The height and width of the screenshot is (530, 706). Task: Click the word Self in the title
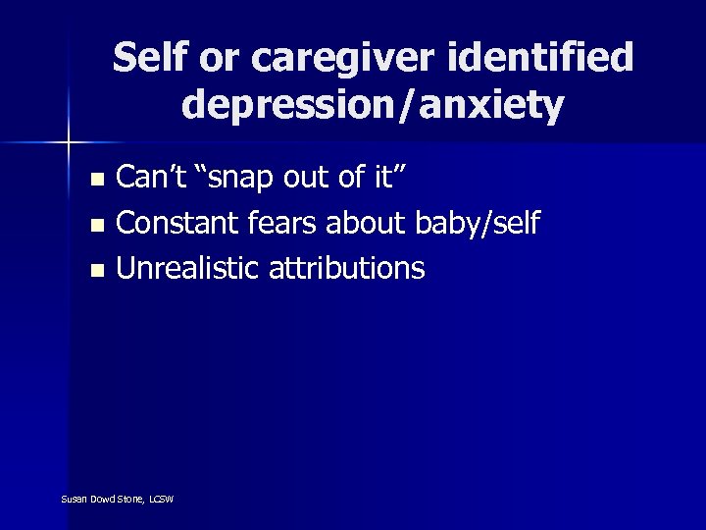tap(148, 59)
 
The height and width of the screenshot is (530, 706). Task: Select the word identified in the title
tap(553, 59)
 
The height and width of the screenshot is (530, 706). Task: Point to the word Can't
tap(146, 179)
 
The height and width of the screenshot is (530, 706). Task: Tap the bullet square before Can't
tap(95, 181)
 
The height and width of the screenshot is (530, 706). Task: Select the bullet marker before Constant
tap(95, 225)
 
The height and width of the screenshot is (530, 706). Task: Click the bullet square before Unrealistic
tap(95, 269)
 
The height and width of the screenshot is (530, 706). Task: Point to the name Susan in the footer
tap(75, 500)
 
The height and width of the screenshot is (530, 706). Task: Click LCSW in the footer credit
tap(161, 500)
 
